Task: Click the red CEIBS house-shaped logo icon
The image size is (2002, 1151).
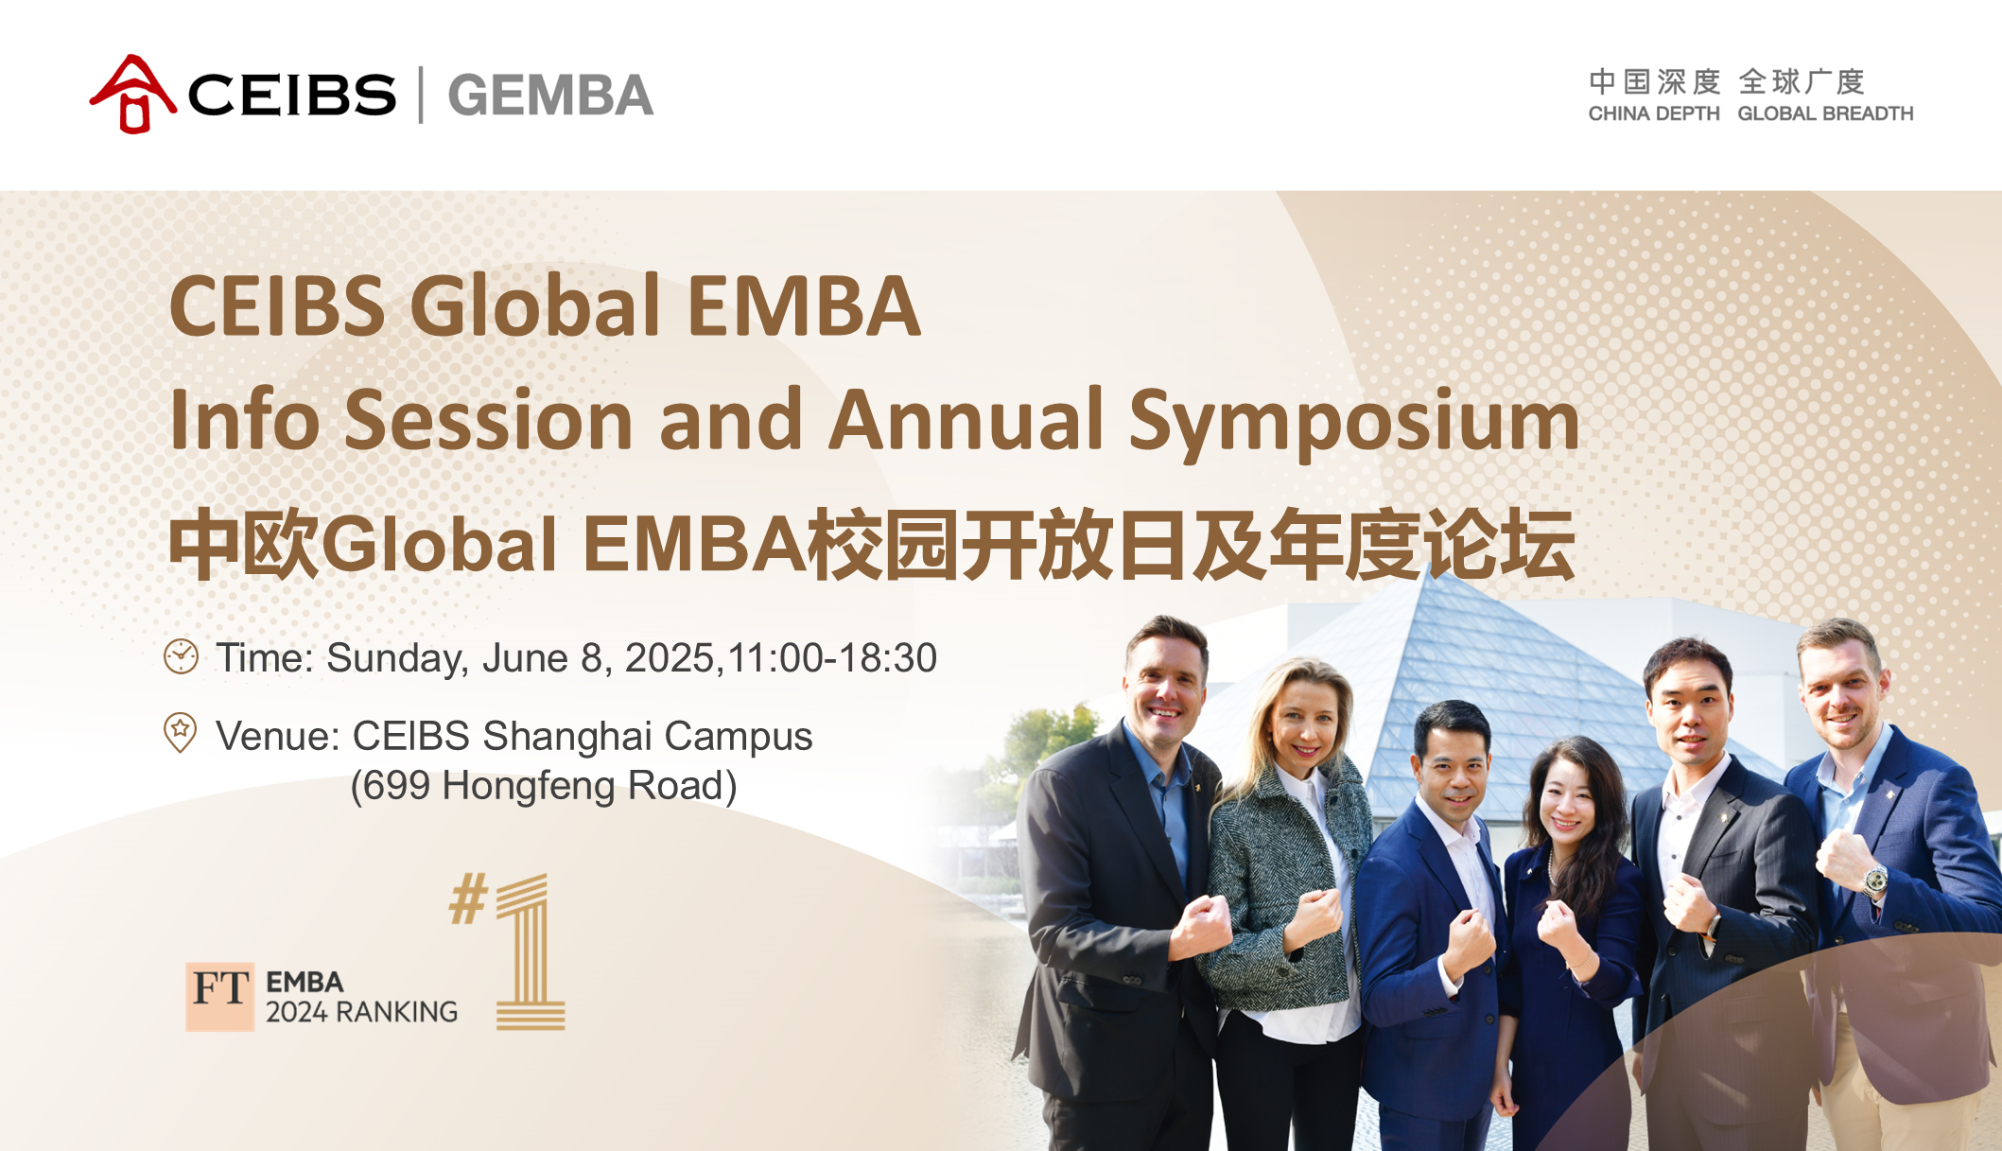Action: coord(133,94)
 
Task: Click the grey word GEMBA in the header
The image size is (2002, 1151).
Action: coord(550,96)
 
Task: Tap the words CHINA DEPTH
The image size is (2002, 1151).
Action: coord(1654,113)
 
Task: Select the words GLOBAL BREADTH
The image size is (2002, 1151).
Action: coord(1825,113)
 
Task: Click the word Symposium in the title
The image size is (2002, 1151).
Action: coord(1354,421)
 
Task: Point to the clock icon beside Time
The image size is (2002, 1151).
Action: coord(181,656)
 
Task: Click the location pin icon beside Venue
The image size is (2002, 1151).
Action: coord(180,732)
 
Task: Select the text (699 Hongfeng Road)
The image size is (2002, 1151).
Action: coord(543,785)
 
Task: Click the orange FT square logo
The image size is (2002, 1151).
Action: coord(219,997)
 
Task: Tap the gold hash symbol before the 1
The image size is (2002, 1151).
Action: coord(469,898)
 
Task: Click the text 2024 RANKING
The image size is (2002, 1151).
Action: coord(361,1012)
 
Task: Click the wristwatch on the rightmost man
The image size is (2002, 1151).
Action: coord(1874,881)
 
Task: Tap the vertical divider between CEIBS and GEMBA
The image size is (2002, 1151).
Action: coord(421,95)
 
